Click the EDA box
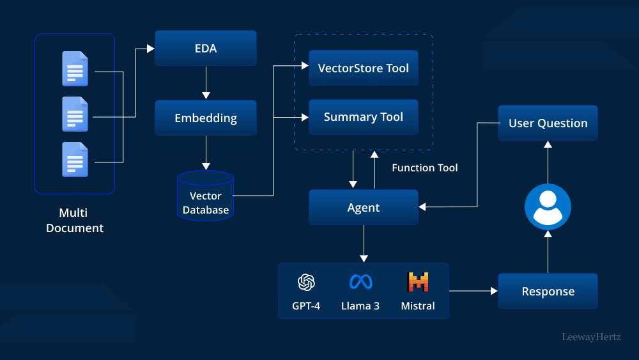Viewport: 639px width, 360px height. click(x=205, y=48)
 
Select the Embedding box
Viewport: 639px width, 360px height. click(x=205, y=118)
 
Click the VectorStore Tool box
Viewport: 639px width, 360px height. click(x=363, y=68)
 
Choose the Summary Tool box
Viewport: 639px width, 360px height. click(x=363, y=117)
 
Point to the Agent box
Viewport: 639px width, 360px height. click(x=363, y=207)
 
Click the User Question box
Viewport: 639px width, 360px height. click(x=548, y=123)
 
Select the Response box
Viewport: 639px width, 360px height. click(x=548, y=292)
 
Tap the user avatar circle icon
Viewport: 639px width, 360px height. click(x=548, y=207)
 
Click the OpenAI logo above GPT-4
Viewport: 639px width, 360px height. click(x=306, y=282)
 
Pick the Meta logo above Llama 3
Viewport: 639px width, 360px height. click(x=360, y=282)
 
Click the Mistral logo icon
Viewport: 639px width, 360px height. click(x=418, y=282)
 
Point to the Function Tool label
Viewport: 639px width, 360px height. click(x=424, y=168)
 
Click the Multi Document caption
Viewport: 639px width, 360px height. click(x=75, y=220)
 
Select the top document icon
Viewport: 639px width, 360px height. click(x=75, y=68)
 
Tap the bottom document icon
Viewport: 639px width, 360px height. click(x=75, y=159)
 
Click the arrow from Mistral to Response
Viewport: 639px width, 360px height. click(x=473, y=291)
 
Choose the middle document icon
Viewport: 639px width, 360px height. click(x=75, y=114)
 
